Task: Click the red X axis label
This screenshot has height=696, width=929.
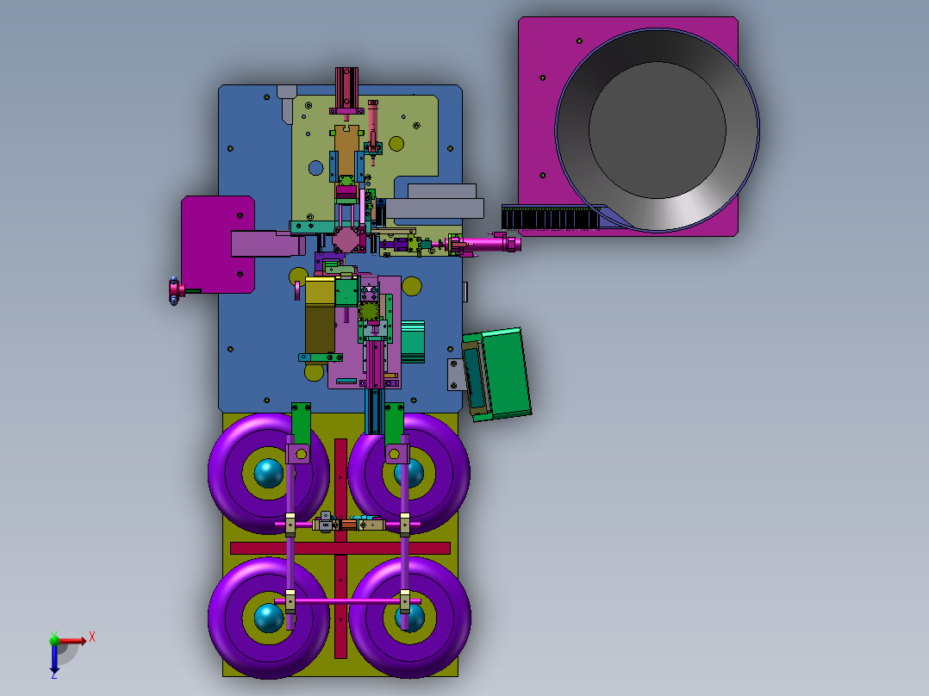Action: coord(92,637)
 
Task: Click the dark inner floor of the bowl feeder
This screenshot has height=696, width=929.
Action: coord(657,130)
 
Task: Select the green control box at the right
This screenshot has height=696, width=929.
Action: coord(496,373)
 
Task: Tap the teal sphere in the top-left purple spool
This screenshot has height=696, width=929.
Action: coord(268,473)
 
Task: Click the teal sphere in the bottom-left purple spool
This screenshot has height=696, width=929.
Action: coord(268,618)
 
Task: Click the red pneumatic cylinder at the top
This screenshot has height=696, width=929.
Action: coord(346,90)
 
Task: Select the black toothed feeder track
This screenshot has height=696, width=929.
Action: coord(551,217)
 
